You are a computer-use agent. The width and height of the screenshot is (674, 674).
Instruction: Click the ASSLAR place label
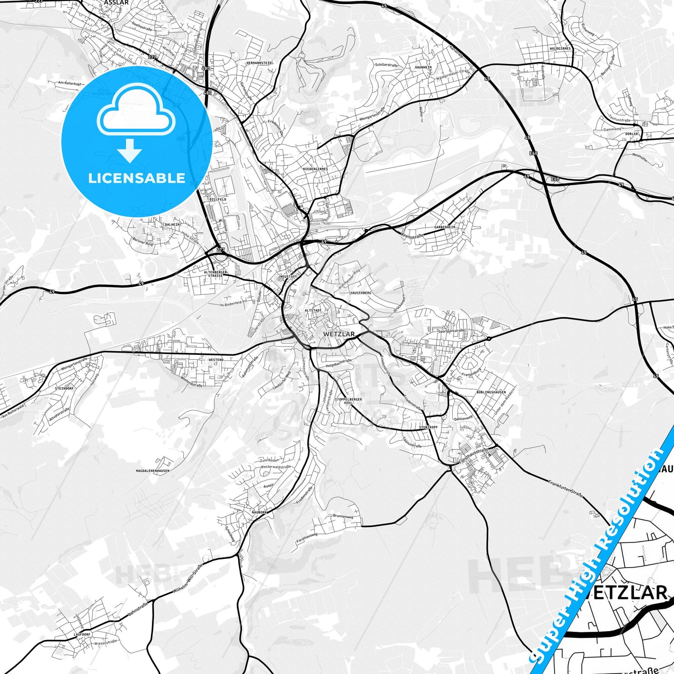[116, 2]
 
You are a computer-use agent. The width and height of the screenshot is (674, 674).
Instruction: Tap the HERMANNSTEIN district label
[259, 63]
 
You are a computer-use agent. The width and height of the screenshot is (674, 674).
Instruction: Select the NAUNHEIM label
[423, 68]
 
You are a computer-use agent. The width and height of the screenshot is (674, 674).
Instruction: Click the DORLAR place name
[631, 134]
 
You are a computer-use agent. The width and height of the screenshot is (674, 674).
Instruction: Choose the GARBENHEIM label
[444, 227]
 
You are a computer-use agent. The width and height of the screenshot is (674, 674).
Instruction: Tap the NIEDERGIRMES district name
[315, 169]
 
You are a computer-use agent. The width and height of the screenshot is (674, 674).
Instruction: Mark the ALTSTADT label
[313, 310]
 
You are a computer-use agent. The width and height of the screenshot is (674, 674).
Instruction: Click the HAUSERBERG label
[360, 292]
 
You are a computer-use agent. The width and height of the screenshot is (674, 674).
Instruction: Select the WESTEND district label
[216, 360]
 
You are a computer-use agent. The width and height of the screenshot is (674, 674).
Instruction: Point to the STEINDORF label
[64, 388]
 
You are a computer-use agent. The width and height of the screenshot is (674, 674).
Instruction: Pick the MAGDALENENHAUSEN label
[153, 471]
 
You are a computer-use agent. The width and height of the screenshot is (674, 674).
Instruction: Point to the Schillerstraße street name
[386, 66]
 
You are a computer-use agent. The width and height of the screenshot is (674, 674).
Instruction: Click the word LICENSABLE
[137, 178]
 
